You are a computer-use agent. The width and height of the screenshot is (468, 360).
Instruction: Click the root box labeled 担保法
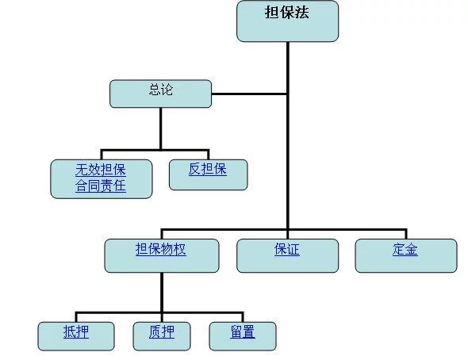pyautogui.click(x=287, y=21)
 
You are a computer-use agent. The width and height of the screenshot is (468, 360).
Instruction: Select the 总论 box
pyautogui.click(x=160, y=94)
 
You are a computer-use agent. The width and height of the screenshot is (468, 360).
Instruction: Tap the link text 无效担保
pyautogui.click(x=101, y=170)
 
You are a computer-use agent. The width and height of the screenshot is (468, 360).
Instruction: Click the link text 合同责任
pyautogui.click(x=101, y=186)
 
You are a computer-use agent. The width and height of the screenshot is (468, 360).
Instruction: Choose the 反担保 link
pyautogui.click(x=208, y=169)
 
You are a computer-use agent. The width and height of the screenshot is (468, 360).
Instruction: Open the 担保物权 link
pyautogui.click(x=161, y=249)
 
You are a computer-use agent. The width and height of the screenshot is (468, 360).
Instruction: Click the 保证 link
pyautogui.click(x=287, y=249)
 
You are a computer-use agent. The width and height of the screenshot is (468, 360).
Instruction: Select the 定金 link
pyautogui.click(x=405, y=249)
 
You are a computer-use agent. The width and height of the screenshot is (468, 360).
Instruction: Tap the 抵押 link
pyautogui.click(x=76, y=331)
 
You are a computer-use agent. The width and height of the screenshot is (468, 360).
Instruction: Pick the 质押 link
pyautogui.click(x=162, y=331)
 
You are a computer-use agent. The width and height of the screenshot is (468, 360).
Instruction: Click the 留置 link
pyautogui.click(x=243, y=331)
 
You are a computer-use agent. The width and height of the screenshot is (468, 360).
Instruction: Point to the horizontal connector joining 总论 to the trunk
pyautogui.click(x=250, y=94)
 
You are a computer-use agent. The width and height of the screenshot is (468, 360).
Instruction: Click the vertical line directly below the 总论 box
pyautogui.click(x=160, y=128)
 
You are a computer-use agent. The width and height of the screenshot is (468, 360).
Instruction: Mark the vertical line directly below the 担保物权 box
pyautogui.click(x=162, y=293)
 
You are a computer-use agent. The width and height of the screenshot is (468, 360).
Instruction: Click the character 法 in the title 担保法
pyautogui.click(x=301, y=13)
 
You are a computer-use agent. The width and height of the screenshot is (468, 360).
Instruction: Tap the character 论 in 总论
pyautogui.click(x=167, y=90)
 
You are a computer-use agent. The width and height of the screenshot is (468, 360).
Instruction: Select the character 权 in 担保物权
pyautogui.click(x=180, y=249)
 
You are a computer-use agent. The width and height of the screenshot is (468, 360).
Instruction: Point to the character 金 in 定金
pyautogui.click(x=412, y=249)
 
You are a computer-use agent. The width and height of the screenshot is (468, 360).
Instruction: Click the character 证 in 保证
pyautogui.click(x=293, y=249)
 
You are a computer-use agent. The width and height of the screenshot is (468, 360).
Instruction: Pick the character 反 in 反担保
pyautogui.click(x=195, y=169)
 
